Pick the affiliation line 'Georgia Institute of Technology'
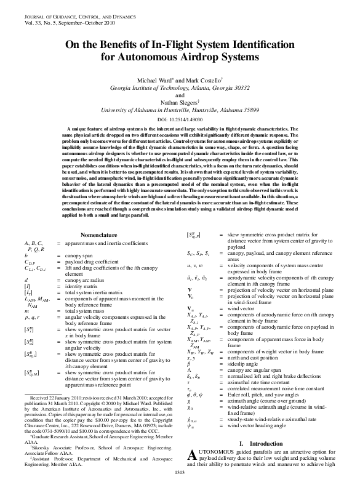pos(179,88)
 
